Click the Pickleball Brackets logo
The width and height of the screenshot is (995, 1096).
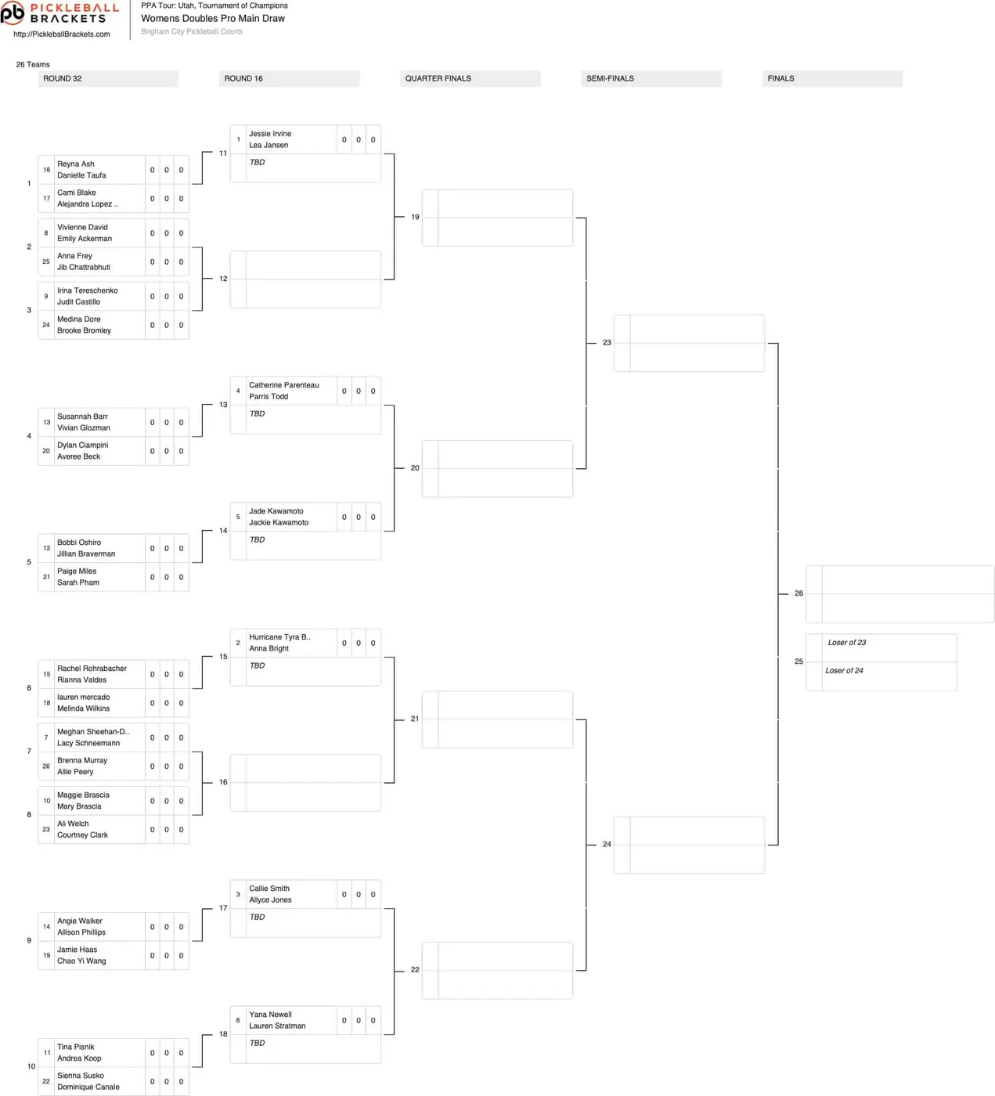[x=59, y=13]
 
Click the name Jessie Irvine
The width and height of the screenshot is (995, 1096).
[x=270, y=134]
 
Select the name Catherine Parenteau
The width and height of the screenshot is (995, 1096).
[x=283, y=385]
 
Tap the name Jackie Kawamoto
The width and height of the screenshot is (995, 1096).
[x=279, y=523]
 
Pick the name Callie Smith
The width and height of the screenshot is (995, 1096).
[x=269, y=889]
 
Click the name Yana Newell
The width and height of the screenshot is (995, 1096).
[x=270, y=1015]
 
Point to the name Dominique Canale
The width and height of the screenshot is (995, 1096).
[x=88, y=1087]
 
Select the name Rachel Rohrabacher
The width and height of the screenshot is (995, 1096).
[x=92, y=669]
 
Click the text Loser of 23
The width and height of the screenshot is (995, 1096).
[x=846, y=643]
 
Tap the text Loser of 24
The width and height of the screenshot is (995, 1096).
[x=844, y=671]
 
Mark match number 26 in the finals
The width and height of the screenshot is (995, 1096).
[x=799, y=593]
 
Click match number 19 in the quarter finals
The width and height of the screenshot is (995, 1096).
[x=415, y=217]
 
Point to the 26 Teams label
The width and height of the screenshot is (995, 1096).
[x=33, y=64]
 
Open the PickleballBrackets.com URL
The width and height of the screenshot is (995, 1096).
[x=62, y=34]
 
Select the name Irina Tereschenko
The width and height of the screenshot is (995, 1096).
[x=88, y=290]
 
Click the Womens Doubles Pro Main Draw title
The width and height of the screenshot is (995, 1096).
[x=213, y=19]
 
